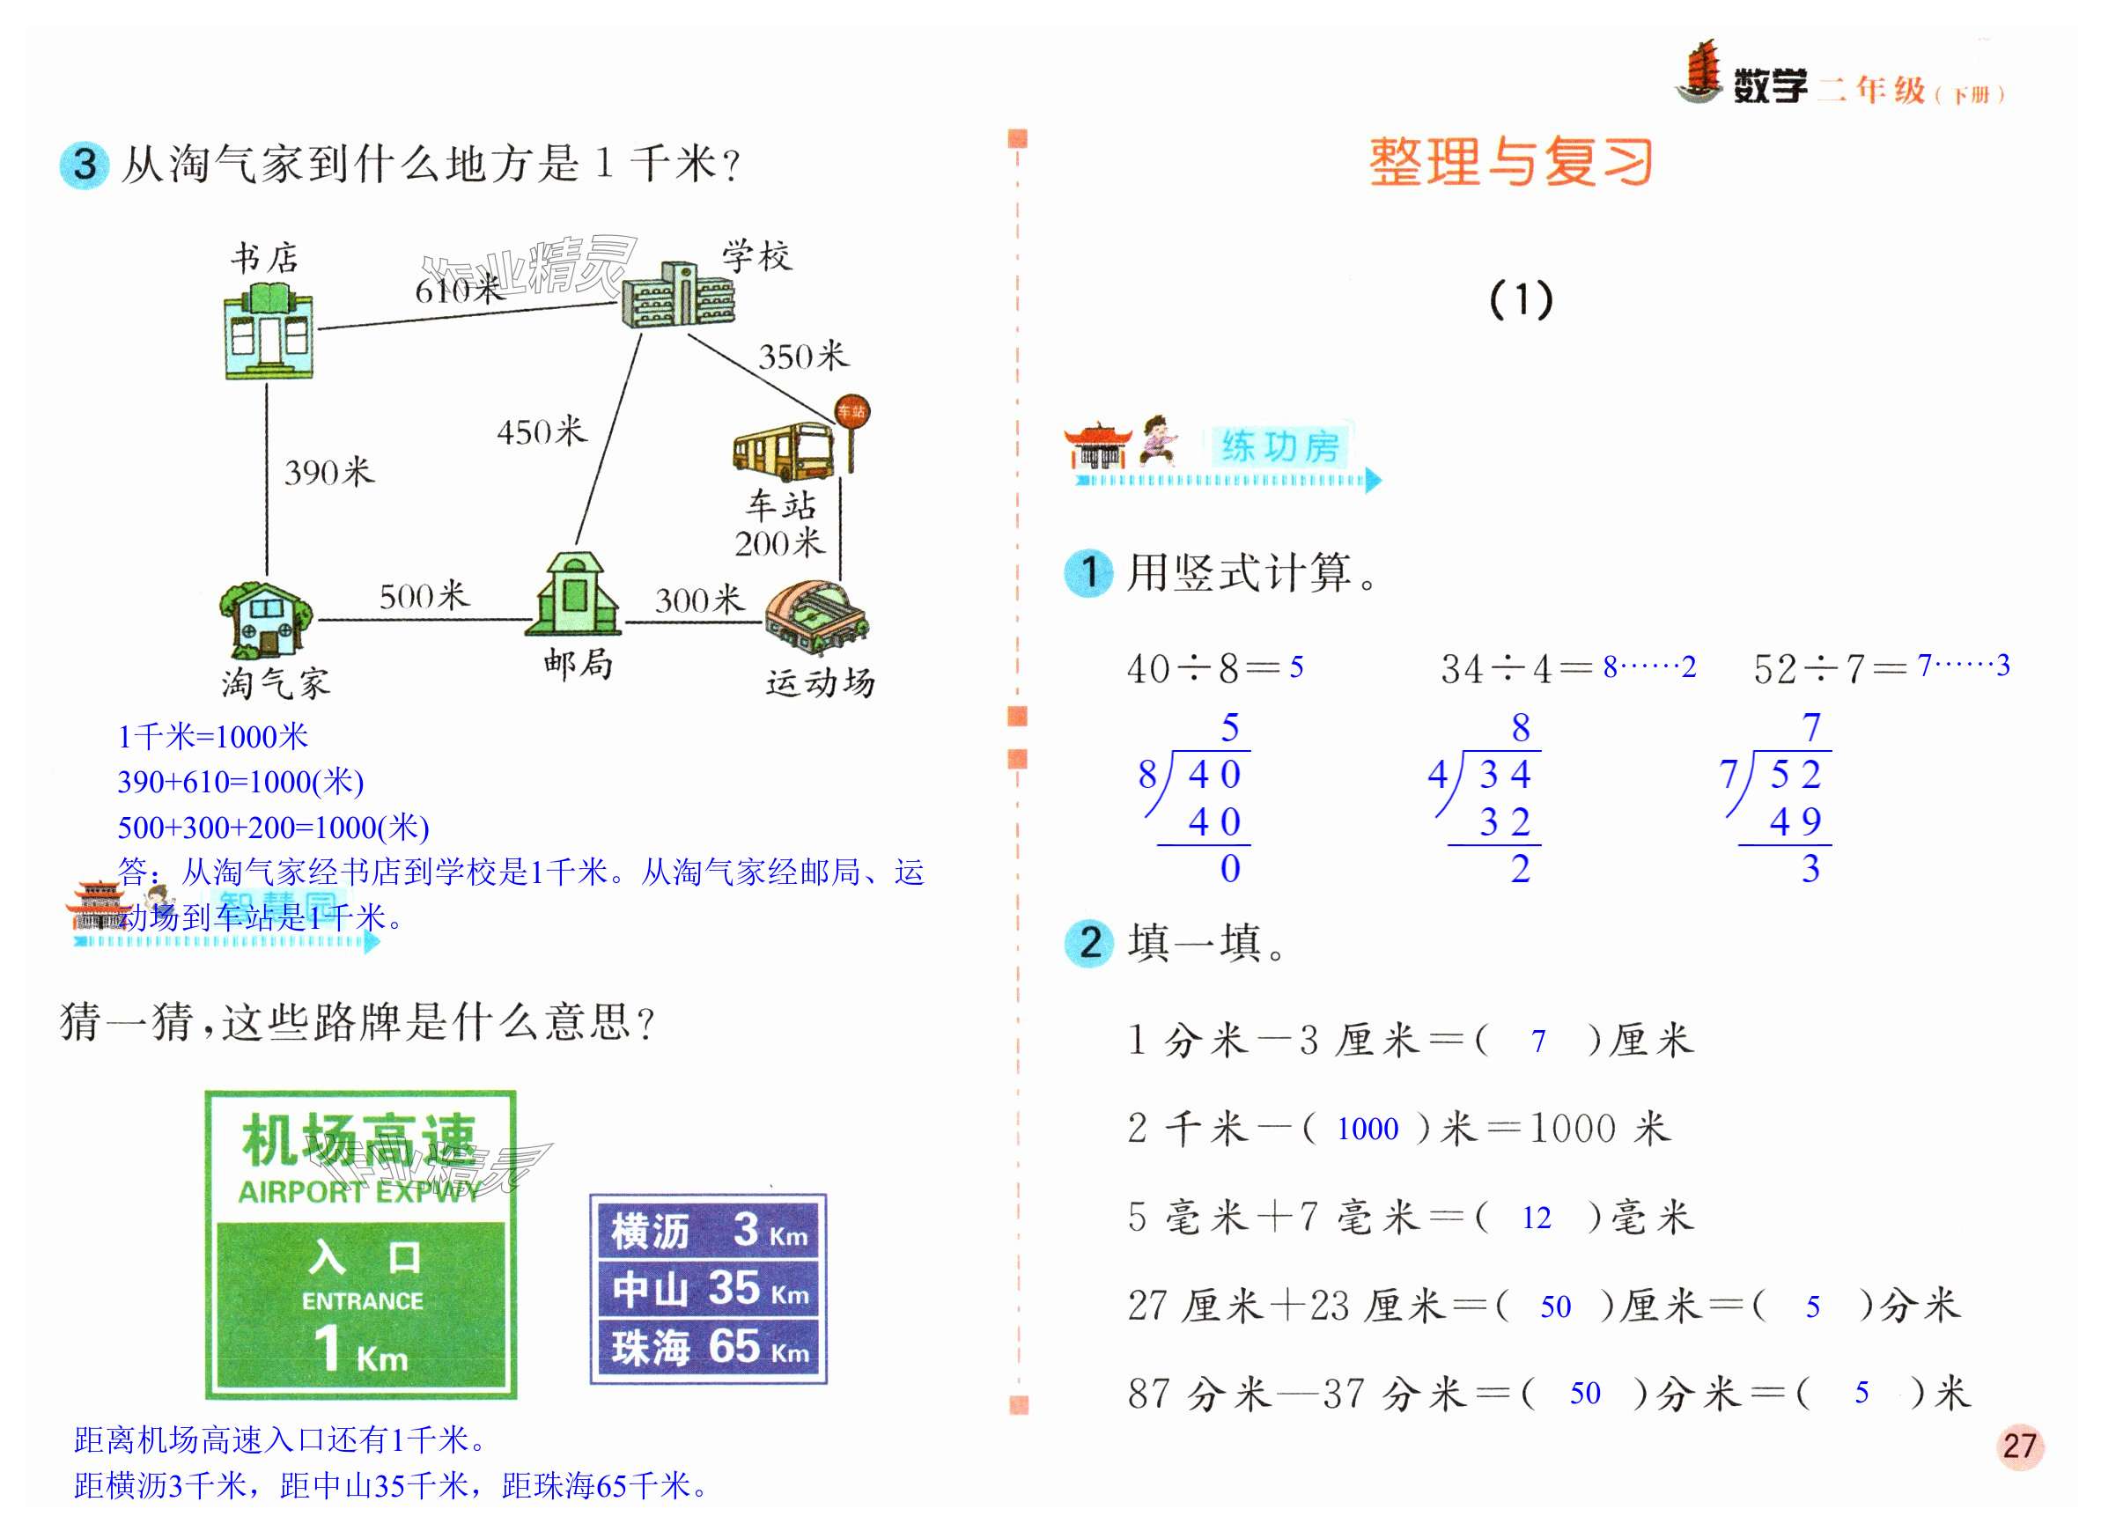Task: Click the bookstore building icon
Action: coord(269,332)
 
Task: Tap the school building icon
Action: coord(677,295)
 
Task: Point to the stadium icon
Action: coord(815,615)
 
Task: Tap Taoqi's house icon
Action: coord(267,619)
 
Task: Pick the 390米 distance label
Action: coord(329,473)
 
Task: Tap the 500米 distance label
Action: coord(424,596)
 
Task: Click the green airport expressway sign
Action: coord(360,1244)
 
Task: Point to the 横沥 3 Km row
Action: coord(709,1231)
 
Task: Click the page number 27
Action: coord(2019,1446)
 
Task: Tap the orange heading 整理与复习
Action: coord(1511,163)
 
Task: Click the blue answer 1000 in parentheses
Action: coord(1367,1129)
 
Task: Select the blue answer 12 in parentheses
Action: coord(1536,1218)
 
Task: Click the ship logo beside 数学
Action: coord(1699,72)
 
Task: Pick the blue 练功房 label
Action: coord(1279,447)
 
